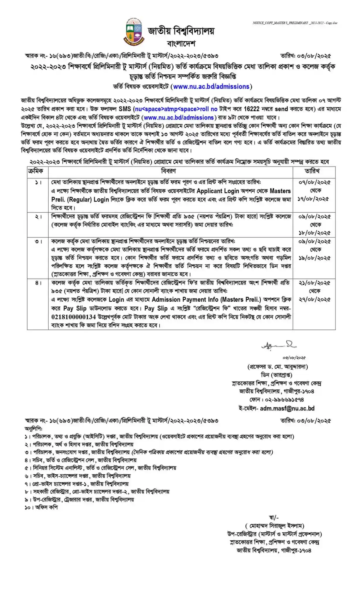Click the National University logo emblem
click(x=134, y=32)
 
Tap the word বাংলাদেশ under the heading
click(x=181, y=44)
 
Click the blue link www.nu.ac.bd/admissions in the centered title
click(x=211, y=86)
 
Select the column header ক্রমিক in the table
click(x=35, y=171)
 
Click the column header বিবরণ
click(x=168, y=171)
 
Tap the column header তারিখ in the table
click(x=312, y=171)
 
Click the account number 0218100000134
click(x=74, y=317)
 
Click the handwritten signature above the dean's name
click(x=275, y=346)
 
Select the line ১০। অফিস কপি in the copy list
click(x=41, y=507)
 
